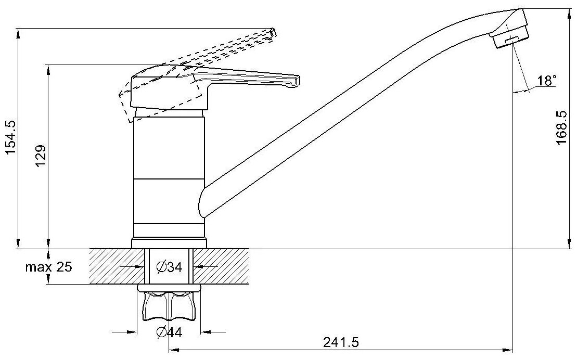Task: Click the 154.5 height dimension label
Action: (10, 137)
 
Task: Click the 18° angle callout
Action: (546, 81)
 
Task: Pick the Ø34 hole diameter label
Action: (169, 267)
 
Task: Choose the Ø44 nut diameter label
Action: (169, 332)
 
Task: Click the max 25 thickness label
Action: (50, 268)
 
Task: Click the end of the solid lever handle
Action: (296, 80)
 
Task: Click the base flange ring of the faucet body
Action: (169, 243)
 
